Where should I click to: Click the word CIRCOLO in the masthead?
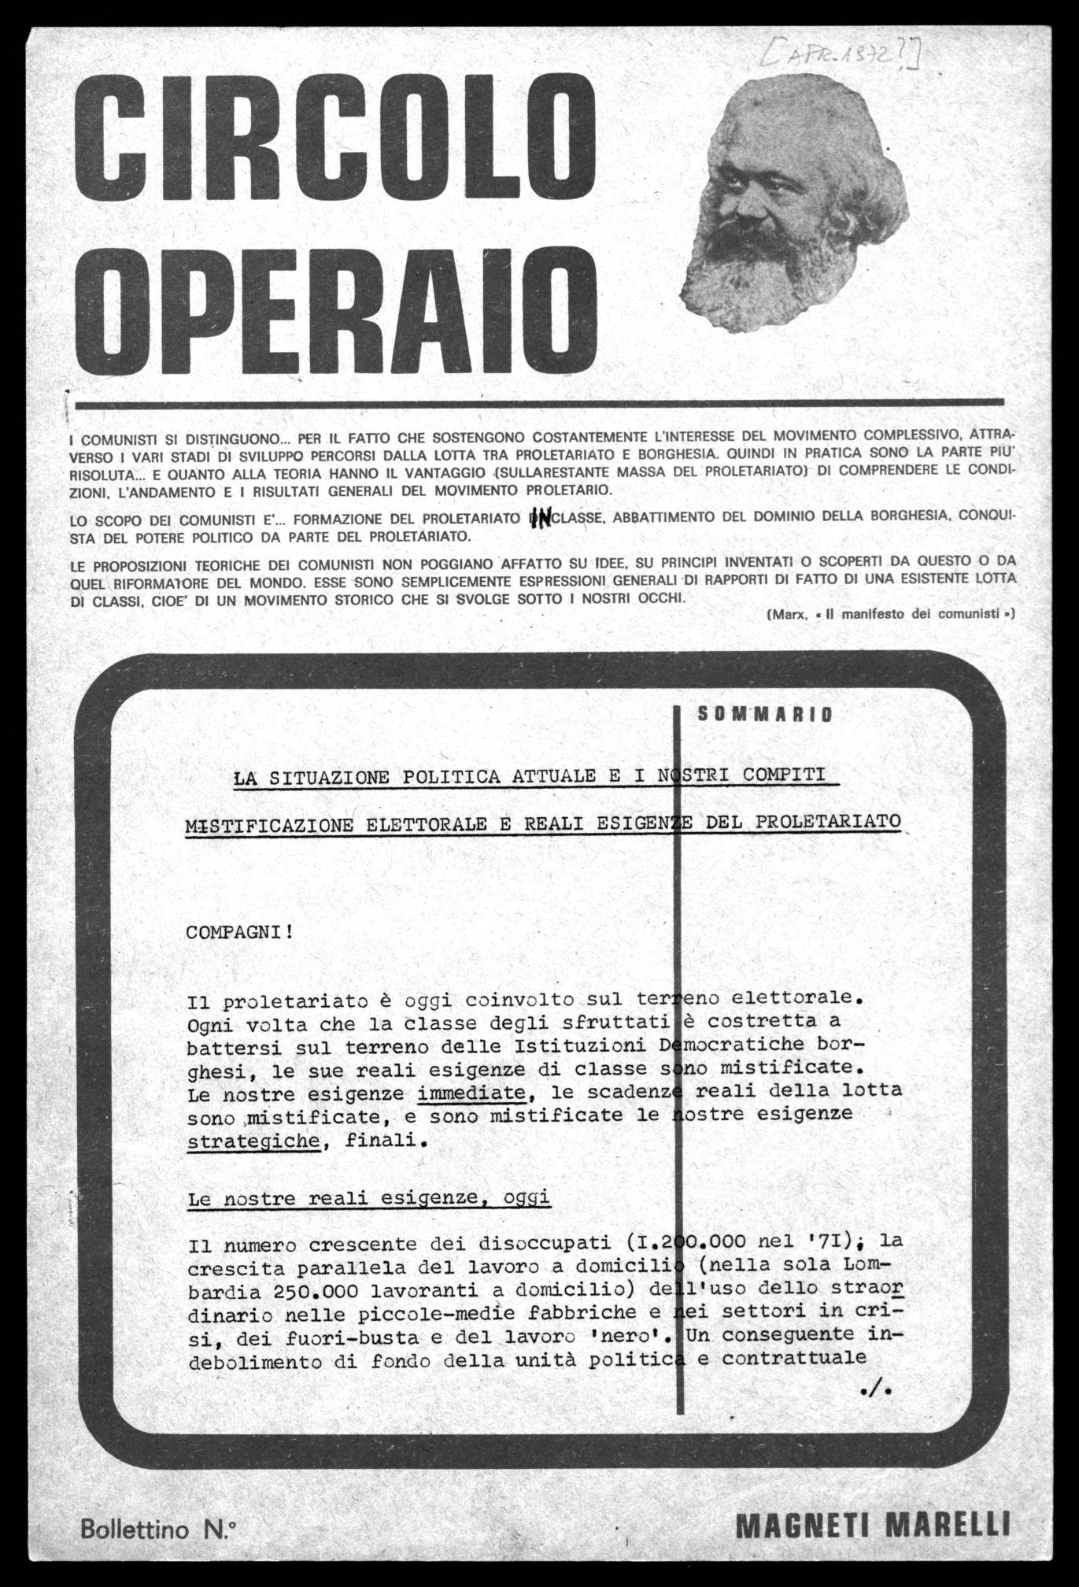click(x=334, y=142)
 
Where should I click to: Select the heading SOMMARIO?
click(x=765, y=715)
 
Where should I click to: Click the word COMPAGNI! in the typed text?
click(x=239, y=932)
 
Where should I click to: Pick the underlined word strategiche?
click(x=253, y=1141)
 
